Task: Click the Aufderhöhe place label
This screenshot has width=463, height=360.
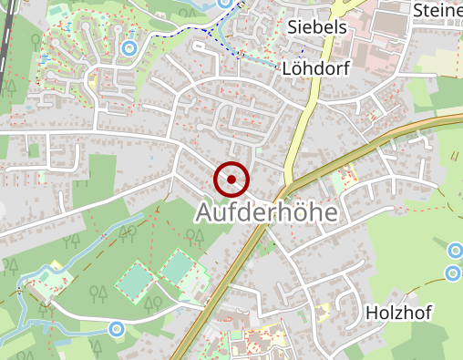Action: point(266,213)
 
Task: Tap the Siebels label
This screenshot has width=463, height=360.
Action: point(317,26)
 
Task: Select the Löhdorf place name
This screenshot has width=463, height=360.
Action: point(316,68)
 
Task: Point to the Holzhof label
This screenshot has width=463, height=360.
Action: point(398,313)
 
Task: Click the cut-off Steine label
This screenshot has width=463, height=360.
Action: point(437,10)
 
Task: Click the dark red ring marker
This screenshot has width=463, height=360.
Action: point(231,179)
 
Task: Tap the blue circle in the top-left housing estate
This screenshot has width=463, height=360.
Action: point(129,46)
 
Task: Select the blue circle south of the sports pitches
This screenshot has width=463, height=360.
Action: point(116,328)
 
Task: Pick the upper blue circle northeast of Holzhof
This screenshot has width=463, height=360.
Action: point(456,250)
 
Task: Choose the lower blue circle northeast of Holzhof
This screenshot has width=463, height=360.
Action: point(453,273)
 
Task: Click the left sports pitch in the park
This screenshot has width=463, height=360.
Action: point(136,279)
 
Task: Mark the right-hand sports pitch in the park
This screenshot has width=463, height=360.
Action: point(178,266)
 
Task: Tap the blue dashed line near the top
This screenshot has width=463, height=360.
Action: point(196,27)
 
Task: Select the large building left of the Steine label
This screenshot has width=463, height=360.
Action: point(383,27)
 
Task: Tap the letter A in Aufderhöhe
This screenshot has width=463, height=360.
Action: point(206,213)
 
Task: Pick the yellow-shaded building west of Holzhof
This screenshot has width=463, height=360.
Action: point(273,334)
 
